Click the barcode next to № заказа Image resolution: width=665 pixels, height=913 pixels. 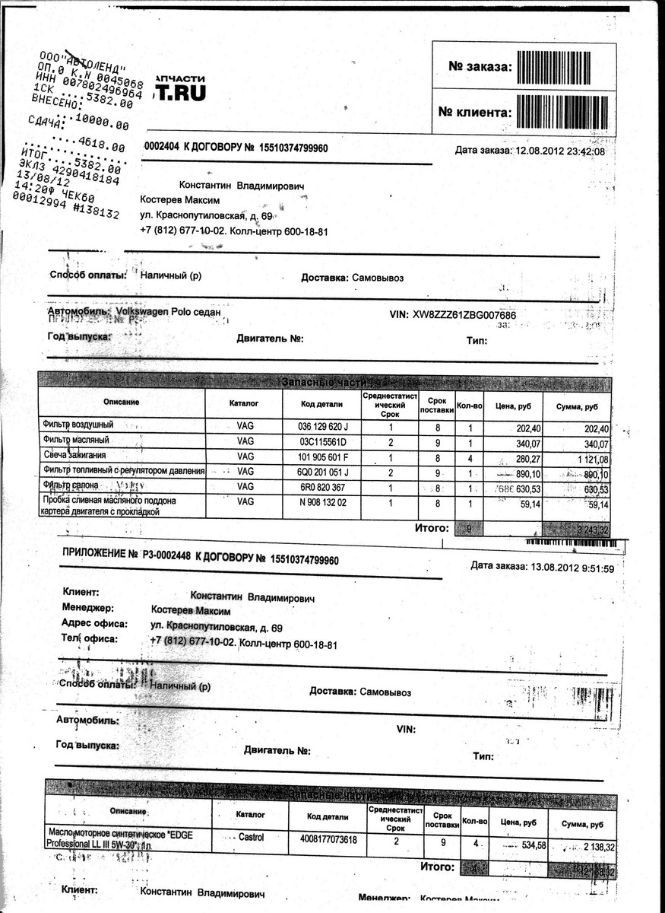pos(565,67)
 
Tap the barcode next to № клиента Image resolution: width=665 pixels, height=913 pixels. pos(565,112)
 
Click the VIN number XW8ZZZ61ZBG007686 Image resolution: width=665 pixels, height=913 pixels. pos(464,315)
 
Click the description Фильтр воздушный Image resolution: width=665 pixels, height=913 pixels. pos(79,428)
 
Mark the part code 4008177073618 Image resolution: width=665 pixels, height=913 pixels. pos(328,838)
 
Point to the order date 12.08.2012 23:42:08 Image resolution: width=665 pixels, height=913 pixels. pos(561,151)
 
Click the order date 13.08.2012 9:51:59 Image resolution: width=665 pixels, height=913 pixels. pos(563,567)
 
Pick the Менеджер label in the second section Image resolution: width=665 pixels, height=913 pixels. pos(87,608)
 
